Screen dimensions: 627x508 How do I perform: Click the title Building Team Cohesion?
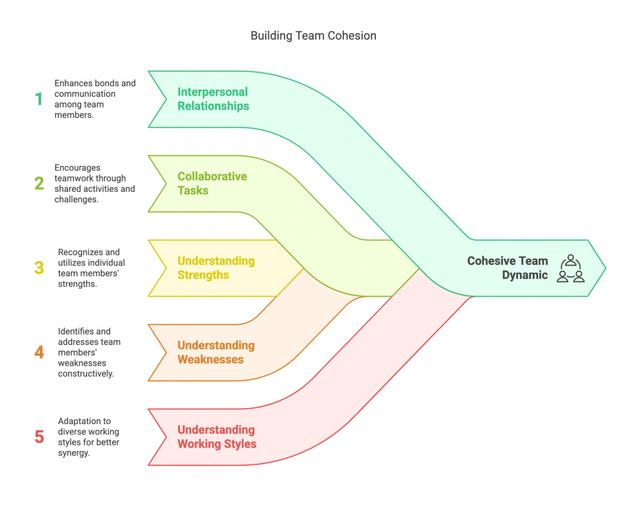coord(313,36)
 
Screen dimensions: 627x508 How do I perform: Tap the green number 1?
coord(39,99)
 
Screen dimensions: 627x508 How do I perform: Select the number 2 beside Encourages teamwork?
coord(39,183)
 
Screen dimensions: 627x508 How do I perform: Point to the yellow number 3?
coord(39,268)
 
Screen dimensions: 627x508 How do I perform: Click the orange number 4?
coord(39,352)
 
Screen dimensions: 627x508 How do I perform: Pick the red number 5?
coord(39,437)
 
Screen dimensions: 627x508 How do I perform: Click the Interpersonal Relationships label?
coord(213,99)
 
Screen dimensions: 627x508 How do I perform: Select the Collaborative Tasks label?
coord(212,183)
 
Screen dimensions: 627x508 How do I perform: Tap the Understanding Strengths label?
coord(216,268)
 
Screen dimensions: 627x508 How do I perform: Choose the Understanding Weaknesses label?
coord(216,352)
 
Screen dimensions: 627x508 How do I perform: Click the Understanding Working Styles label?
coord(217,437)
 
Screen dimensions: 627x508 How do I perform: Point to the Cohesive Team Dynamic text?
coord(508,268)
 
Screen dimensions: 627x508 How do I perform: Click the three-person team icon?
coord(571,268)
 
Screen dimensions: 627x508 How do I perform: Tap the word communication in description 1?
coord(84,94)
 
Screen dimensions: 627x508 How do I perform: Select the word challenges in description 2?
coord(77,199)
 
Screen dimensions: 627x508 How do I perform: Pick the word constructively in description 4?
coord(86,374)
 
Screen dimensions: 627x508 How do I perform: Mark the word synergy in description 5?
coord(73,453)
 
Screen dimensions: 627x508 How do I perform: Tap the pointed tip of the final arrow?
coord(606,268)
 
